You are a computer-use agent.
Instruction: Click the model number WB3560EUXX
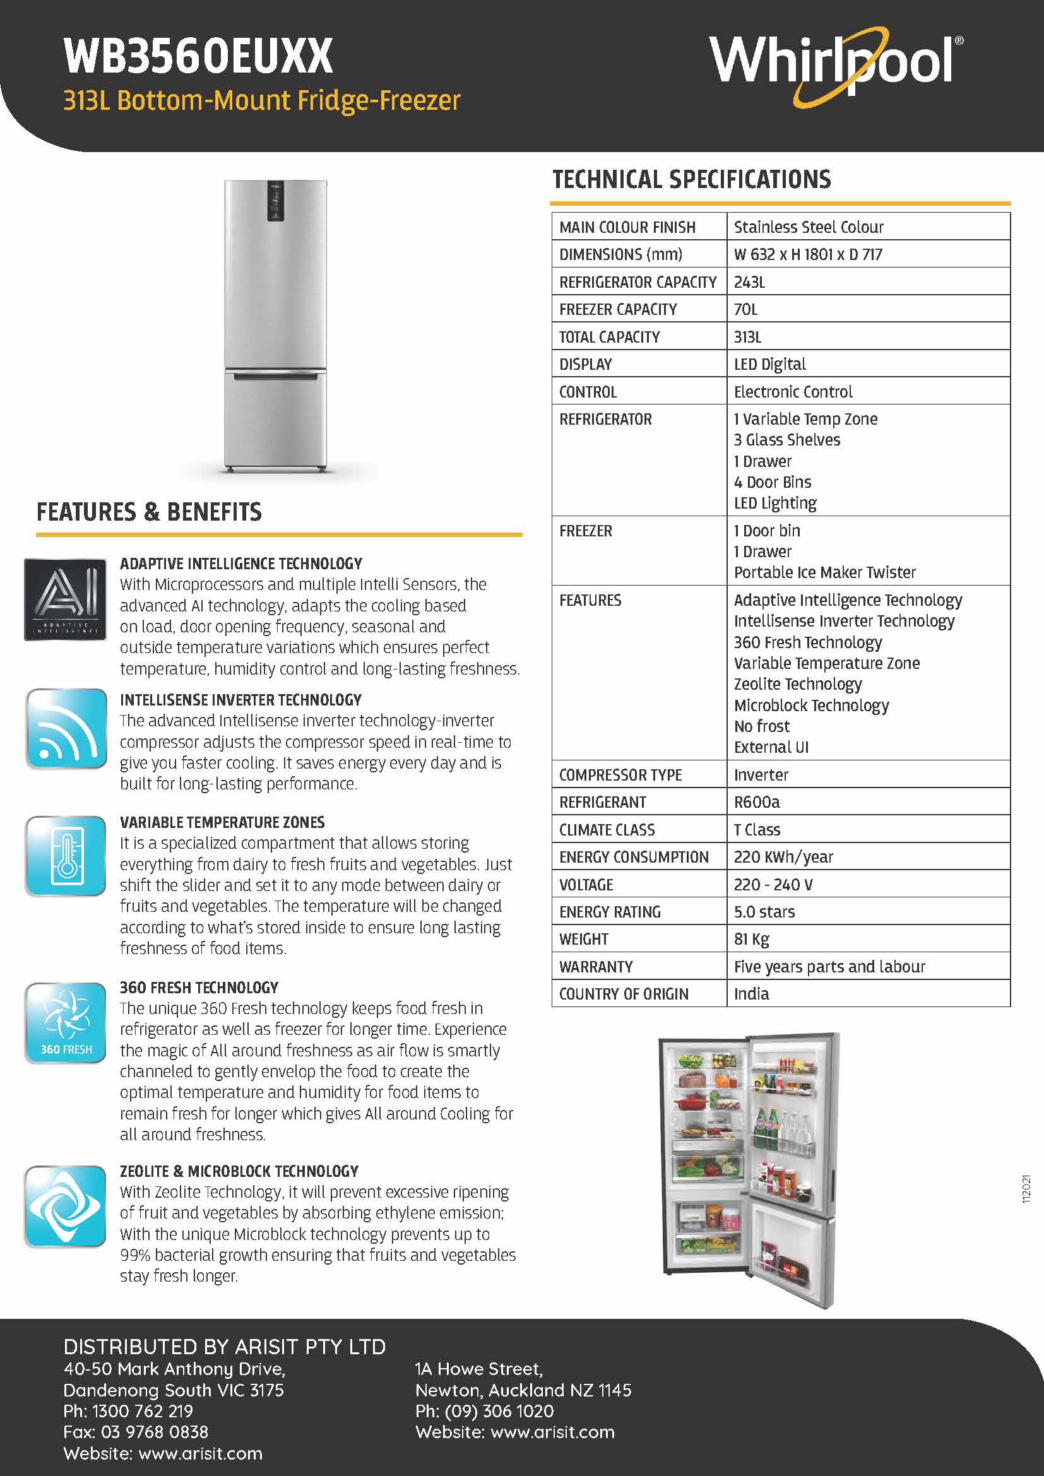199,57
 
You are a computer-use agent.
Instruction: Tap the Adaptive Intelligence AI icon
66,599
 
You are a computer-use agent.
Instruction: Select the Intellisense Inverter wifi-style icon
66,728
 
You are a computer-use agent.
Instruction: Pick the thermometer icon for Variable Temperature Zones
66,856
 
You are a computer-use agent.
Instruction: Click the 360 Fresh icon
66,1023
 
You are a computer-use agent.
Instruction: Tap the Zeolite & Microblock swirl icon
66,1206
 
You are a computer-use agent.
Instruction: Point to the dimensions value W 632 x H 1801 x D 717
808,254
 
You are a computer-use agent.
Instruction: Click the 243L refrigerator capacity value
750,282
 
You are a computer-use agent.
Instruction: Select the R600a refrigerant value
757,802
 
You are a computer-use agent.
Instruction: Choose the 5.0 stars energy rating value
764,912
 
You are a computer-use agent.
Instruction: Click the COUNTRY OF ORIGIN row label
624,995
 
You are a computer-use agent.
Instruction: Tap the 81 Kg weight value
752,940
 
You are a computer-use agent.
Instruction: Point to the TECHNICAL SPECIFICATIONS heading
692,180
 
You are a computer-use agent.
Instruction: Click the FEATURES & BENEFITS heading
149,512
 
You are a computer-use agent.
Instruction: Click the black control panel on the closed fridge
276,201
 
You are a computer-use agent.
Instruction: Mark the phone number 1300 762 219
143,1411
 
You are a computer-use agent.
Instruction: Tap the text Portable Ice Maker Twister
825,573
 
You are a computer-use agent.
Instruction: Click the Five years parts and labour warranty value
829,967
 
